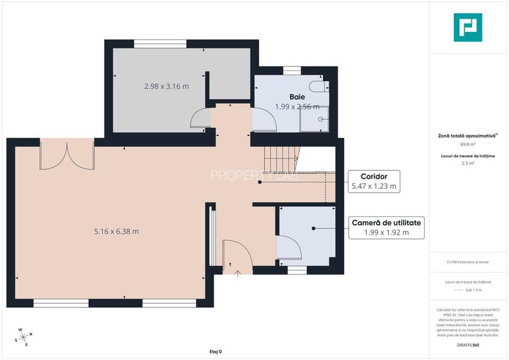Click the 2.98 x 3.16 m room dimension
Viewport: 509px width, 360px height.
[x=166, y=86]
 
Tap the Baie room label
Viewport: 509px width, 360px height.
[x=297, y=97]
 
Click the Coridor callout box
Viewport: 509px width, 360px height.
[x=374, y=181]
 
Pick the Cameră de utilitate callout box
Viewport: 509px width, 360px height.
[x=386, y=228]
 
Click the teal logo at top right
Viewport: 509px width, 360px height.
[x=467, y=27]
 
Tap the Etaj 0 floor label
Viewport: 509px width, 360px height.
[x=215, y=352]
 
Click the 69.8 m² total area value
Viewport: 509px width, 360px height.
[x=468, y=145]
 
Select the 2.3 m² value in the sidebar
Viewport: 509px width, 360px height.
[x=468, y=164]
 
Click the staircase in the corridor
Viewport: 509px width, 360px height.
[x=281, y=160]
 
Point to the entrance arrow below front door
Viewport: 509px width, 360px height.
[x=238, y=273]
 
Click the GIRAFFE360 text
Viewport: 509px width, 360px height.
[x=468, y=345]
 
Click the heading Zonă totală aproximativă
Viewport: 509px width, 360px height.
[x=467, y=136]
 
